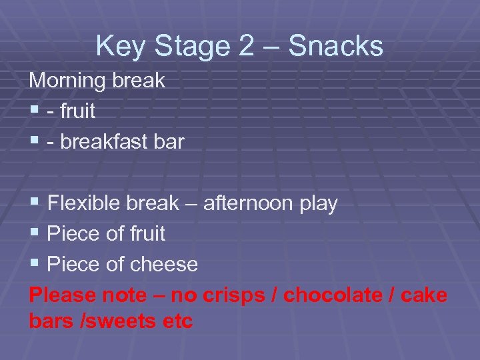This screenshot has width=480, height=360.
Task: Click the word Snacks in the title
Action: (337, 47)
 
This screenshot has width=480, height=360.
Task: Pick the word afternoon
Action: (249, 203)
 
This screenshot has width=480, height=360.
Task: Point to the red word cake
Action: (425, 295)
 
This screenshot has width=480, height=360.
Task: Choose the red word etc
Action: (177, 321)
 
